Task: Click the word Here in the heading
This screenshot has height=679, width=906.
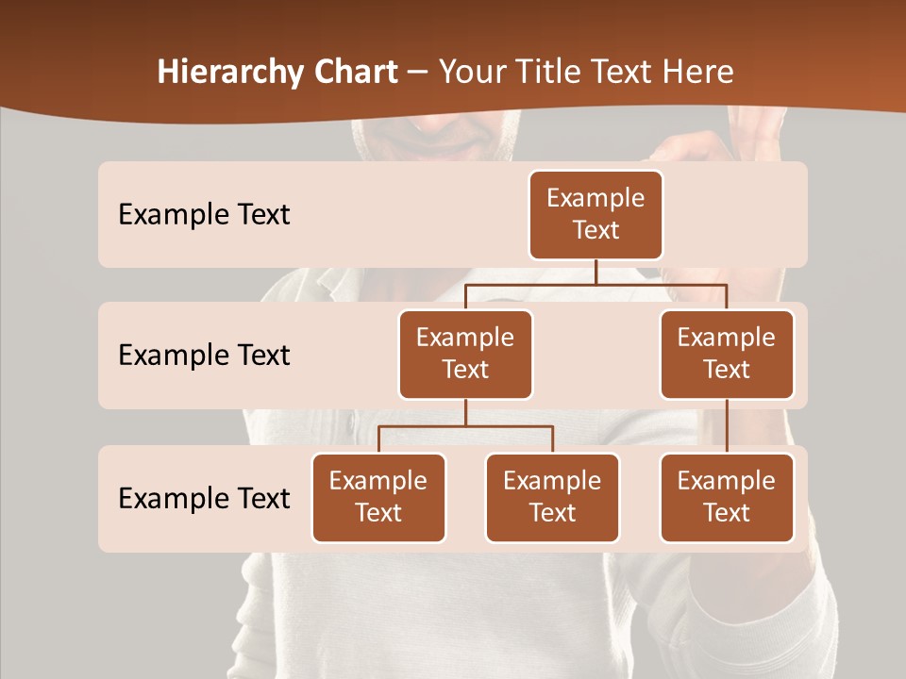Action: pyautogui.click(x=698, y=73)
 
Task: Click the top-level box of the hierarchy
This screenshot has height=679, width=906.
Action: pyautogui.click(x=596, y=214)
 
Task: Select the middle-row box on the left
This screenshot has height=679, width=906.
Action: pyautogui.click(x=465, y=354)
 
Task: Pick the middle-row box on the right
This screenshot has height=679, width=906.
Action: pyautogui.click(x=727, y=354)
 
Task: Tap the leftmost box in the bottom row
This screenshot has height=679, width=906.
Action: pyautogui.click(x=378, y=497)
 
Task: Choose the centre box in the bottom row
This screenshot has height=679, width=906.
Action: pyautogui.click(x=552, y=497)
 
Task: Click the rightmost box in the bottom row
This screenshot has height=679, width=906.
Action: pyautogui.click(x=727, y=497)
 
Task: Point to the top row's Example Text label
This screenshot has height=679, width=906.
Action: pyautogui.click(x=204, y=215)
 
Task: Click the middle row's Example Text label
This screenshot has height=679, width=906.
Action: pyautogui.click(x=204, y=356)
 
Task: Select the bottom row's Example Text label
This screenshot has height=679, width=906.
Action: pyautogui.click(x=204, y=498)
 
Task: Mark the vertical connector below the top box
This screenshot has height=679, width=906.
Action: pyautogui.click(x=596, y=272)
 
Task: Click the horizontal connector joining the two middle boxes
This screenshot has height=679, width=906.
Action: pyautogui.click(x=596, y=283)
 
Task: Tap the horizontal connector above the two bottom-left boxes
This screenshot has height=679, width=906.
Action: pyautogui.click(x=465, y=426)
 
